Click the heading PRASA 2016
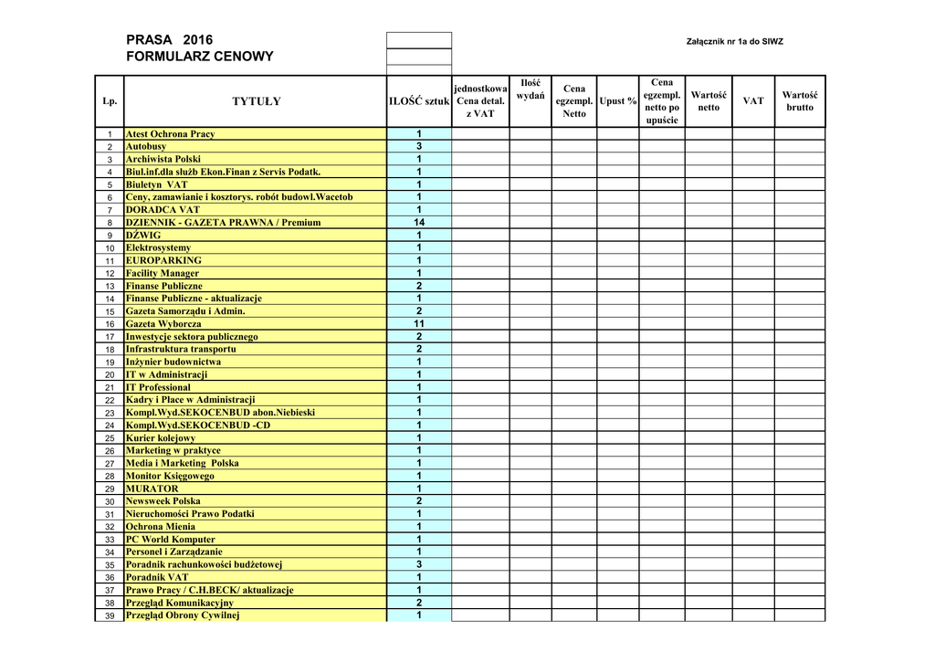coord(169,40)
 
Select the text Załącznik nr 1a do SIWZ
coord(734,42)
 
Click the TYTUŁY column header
coord(256,101)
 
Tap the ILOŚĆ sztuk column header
coord(419,101)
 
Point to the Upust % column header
coord(618,101)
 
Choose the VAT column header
coord(752,101)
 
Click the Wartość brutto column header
coord(800,101)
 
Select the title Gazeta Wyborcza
coord(163,324)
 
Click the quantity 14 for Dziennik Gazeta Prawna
coord(419,223)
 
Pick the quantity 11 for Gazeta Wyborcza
coord(419,324)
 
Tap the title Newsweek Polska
coord(163,501)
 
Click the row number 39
coord(109,615)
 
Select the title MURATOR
coord(152,489)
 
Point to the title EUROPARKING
coord(163,260)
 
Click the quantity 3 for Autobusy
coord(419,146)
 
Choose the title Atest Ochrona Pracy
coord(170,134)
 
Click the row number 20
coord(109,375)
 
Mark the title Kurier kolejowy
coord(161,438)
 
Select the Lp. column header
coord(109,101)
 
